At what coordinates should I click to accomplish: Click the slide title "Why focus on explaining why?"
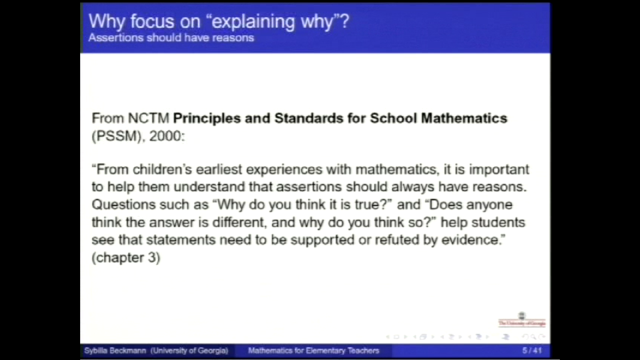tap(219, 22)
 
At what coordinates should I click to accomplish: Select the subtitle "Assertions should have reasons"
tap(171, 37)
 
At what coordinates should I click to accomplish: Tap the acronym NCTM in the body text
tap(149, 118)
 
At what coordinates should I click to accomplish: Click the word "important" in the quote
tap(499, 169)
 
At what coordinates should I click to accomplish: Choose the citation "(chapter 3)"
tap(126, 258)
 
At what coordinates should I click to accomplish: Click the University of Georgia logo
tap(521, 320)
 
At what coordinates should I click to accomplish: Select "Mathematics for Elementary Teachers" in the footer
tap(313, 351)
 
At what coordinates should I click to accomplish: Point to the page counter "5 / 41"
tap(532, 351)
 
